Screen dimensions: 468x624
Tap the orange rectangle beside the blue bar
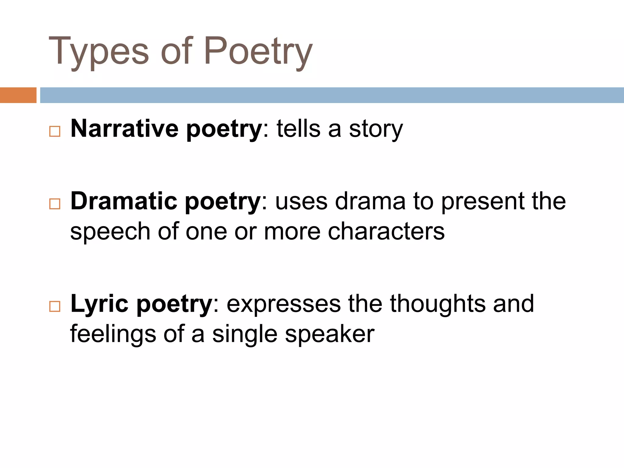[18, 95]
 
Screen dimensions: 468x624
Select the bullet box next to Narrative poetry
[55, 132]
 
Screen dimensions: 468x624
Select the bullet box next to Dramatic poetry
[55, 204]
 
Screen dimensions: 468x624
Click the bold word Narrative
[124, 129]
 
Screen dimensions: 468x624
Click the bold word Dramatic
[124, 201]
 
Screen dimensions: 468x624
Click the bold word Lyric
[99, 304]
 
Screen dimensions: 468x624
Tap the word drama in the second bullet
[370, 201]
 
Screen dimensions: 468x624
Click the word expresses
[284, 304]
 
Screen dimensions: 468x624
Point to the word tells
[298, 129]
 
